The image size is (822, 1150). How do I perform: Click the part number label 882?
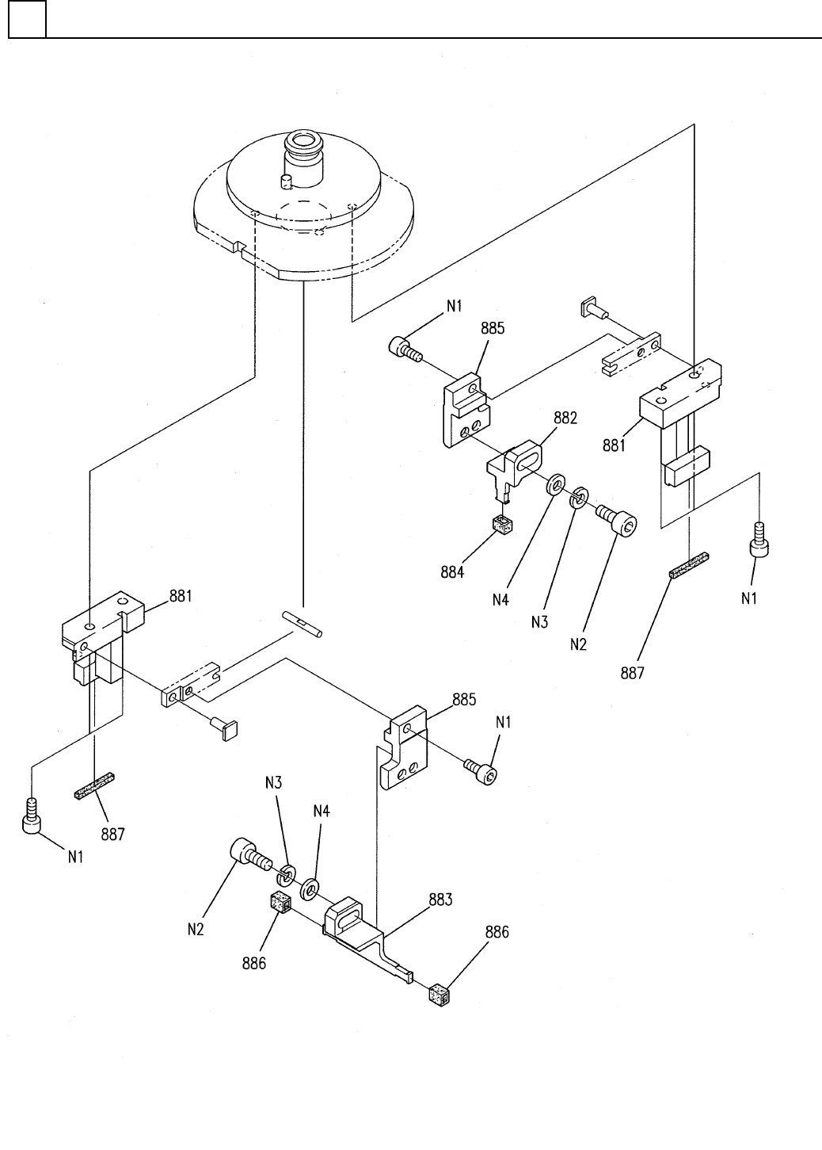pos(565,418)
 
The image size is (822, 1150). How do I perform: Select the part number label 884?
pos(452,572)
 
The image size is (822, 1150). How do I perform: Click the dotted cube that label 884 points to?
pos(502,525)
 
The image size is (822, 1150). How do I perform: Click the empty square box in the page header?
pos(27,19)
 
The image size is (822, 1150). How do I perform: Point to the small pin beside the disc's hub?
pos(286,181)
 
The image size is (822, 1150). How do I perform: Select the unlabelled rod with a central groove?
pos(303,624)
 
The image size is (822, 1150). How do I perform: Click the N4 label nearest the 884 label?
pos(500,600)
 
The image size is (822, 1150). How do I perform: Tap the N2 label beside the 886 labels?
pos(196,929)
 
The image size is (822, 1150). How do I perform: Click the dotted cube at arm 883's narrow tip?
pos(440,995)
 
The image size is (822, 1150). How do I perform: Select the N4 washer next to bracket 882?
pos(556,484)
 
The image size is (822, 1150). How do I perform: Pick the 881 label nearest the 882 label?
pos(614,445)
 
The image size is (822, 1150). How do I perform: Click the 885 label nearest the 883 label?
pos(464,699)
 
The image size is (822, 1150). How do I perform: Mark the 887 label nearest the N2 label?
pos(632,673)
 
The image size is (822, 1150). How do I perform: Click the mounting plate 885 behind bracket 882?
pos(466,411)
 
